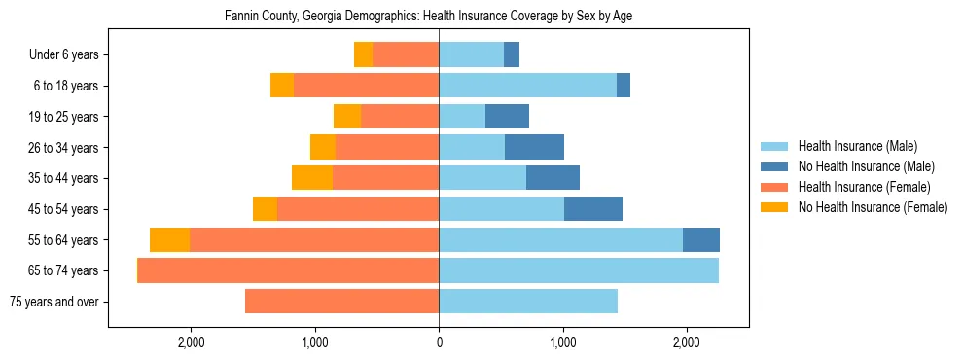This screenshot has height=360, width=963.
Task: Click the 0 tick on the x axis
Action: pyautogui.click(x=439, y=342)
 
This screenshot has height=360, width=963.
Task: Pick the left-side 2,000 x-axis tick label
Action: pyautogui.click(x=191, y=342)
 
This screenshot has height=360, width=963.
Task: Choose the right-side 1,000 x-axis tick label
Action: pyautogui.click(x=562, y=342)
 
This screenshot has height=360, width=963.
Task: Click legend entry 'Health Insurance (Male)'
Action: pyautogui.click(x=857, y=146)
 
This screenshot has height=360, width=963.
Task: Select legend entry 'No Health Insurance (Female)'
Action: pyautogui.click(x=873, y=207)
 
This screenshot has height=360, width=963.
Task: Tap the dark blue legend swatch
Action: pyautogui.click(x=775, y=166)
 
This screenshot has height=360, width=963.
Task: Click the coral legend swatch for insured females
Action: pyautogui.click(x=775, y=187)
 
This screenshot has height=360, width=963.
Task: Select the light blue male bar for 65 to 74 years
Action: pyautogui.click(x=578, y=270)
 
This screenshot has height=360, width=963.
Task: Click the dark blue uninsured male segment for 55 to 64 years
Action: pyautogui.click(x=700, y=240)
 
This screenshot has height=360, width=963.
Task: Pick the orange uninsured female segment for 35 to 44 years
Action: pyautogui.click(x=312, y=178)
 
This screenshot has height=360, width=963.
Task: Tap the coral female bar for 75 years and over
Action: pyautogui.click(x=341, y=302)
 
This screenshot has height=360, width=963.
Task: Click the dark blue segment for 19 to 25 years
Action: pyautogui.click(x=507, y=117)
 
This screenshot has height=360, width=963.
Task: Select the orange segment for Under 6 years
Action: pyautogui.click(x=363, y=54)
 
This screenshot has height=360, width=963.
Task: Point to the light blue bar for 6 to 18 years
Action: pyautogui.click(x=527, y=86)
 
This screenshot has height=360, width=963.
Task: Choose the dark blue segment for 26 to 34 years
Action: pyautogui.click(x=534, y=147)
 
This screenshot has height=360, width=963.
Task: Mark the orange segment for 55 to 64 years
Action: pyautogui.click(x=169, y=240)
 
